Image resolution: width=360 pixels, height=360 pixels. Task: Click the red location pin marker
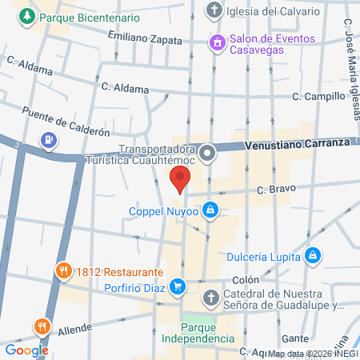tap(181, 180)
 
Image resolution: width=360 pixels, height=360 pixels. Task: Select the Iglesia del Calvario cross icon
tap(213, 10)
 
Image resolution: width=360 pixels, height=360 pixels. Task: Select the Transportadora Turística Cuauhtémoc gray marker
tap(208, 151)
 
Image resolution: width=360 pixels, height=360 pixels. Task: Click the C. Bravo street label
tap(276, 189)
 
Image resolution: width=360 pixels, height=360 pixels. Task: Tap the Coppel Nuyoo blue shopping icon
tap(210, 210)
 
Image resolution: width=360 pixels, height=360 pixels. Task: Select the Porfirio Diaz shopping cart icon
tap(178, 284)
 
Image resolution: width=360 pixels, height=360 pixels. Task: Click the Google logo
tap(26, 350)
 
